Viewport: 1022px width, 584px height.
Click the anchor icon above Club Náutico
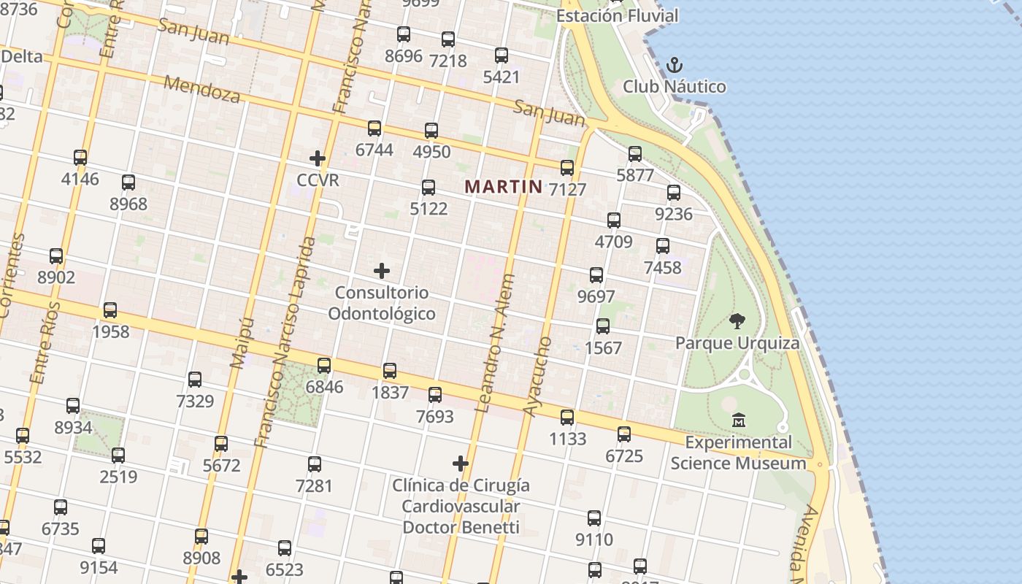[x=674, y=65]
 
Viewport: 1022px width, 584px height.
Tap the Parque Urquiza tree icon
[x=737, y=320]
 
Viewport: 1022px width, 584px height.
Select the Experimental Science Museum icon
[x=738, y=420]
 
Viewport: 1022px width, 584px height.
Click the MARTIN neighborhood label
[x=504, y=186]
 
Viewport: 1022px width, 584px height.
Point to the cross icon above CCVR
[x=318, y=158]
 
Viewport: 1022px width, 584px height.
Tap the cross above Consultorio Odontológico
[x=381, y=272]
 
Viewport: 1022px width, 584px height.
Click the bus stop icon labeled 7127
[x=567, y=168]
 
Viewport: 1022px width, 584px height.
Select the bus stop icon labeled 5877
[x=635, y=154]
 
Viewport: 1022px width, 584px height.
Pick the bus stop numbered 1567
[x=603, y=326]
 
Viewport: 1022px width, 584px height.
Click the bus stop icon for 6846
[x=324, y=365]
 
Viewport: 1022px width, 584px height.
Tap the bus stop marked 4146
[x=80, y=157]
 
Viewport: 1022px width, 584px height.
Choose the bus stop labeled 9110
[x=594, y=518]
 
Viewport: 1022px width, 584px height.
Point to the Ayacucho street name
[x=537, y=377]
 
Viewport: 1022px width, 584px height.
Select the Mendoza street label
[x=201, y=88]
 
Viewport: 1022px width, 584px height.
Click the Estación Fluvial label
[x=617, y=15]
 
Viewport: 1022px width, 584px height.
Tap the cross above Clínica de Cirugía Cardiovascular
[x=460, y=464]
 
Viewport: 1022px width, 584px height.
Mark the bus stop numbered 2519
[x=118, y=456]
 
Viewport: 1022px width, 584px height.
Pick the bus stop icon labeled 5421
[x=502, y=55]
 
